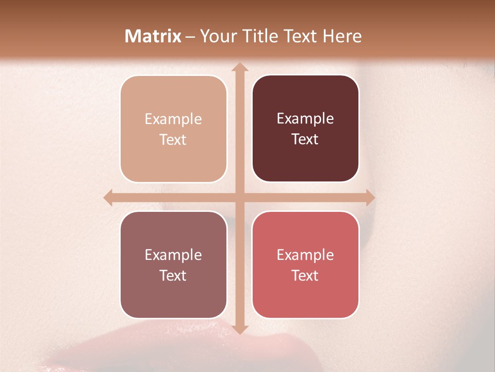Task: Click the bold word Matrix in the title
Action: click(153, 36)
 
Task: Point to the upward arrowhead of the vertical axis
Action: click(239, 67)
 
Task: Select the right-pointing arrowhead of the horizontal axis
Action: click(370, 197)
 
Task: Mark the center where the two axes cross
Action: click(239, 197)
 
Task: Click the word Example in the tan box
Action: click(173, 119)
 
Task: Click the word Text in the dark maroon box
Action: click(305, 139)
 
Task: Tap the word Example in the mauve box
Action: click(173, 255)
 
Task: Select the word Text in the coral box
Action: click(305, 275)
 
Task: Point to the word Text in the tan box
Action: click(173, 139)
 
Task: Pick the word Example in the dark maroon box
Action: click(305, 119)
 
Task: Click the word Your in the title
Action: click(216, 36)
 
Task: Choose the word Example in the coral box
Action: click(305, 255)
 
